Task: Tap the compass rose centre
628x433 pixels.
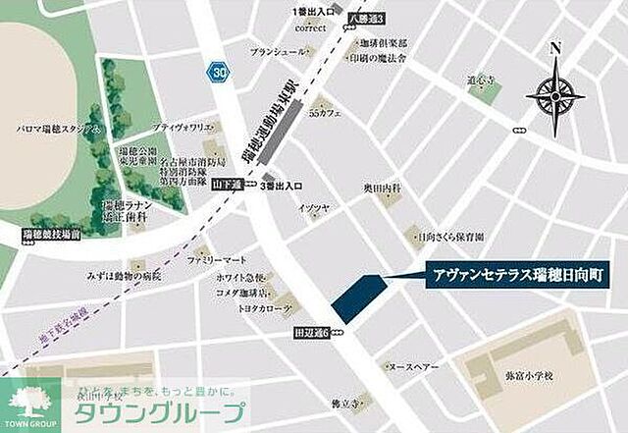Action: [555, 95]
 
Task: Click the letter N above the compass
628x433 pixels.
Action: [555, 49]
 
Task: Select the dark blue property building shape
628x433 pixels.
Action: [355, 296]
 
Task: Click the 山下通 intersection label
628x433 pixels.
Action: [227, 184]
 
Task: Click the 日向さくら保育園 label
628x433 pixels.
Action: [452, 236]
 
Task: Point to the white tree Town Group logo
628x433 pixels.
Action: [30, 402]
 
